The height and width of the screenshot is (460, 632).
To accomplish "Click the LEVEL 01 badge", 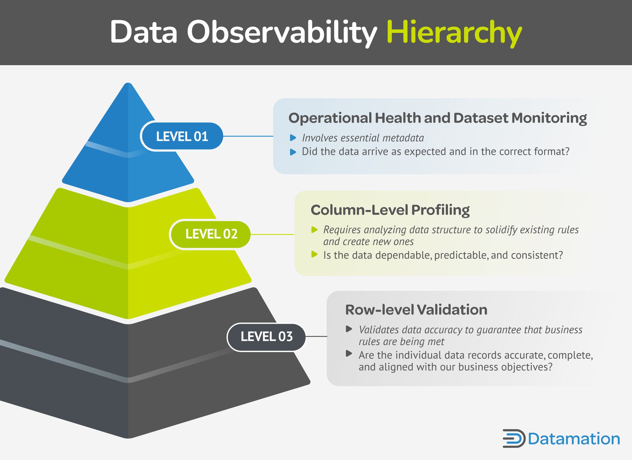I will pos(182,136).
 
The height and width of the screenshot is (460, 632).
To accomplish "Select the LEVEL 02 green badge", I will pos(211,234).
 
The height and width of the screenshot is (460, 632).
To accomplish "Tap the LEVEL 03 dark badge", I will pos(266,337).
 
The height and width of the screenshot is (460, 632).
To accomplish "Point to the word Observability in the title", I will pos(282,32).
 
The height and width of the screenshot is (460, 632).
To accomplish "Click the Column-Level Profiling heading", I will pos(390,210).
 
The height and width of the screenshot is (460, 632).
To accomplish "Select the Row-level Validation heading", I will pos(416,310).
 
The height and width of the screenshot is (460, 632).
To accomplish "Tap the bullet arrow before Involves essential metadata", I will pos(293,138).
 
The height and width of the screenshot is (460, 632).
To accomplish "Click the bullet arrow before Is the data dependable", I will pos(314,254).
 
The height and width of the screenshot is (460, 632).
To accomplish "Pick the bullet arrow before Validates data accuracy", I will pos(349,329).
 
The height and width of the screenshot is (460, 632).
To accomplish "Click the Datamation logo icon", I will pos(513,438).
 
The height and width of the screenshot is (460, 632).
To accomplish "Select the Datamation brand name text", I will pos(574,439).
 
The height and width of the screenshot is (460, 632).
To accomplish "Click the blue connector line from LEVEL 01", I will pos(248,136).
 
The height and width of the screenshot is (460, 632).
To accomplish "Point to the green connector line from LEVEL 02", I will pos(272,234).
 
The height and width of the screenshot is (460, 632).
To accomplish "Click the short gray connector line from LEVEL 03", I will pos(316,336).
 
